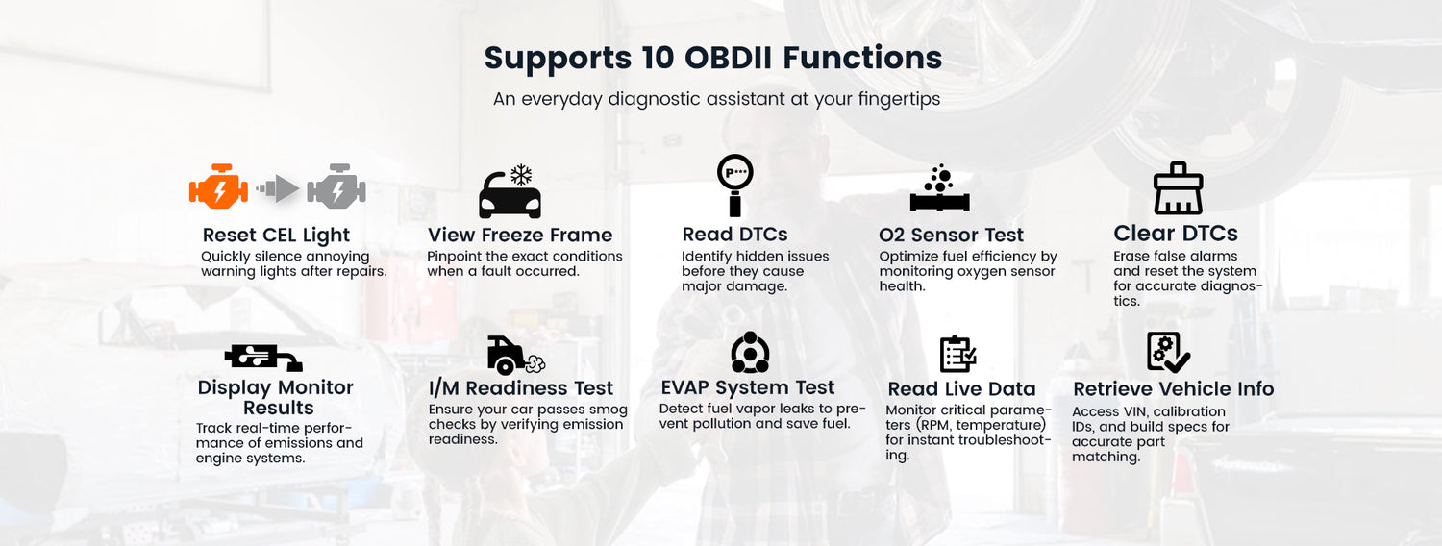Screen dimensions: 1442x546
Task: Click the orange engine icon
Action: pyautogui.click(x=218, y=186)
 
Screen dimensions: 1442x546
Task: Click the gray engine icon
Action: pyautogui.click(x=336, y=186)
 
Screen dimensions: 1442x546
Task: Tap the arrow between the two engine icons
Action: pyautogui.click(x=278, y=188)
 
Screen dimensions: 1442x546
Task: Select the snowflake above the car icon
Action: pyautogui.click(x=521, y=175)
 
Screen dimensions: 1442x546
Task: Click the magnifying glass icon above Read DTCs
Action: pyautogui.click(x=734, y=186)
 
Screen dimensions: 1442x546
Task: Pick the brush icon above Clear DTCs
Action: pyautogui.click(x=1178, y=188)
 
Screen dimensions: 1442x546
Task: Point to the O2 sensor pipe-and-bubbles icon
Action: pyautogui.click(x=940, y=187)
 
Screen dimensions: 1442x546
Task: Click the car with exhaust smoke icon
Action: pyautogui.click(x=516, y=355)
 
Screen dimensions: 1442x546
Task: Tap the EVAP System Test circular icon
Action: pyautogui.click(x=750, y=352)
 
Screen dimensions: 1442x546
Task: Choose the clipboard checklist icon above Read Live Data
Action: pyautogui.click(x=957, y=354)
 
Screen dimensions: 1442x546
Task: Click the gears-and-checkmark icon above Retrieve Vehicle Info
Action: pyautogui.click(x=1168, y=352)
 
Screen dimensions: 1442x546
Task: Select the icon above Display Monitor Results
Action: pyautogui.click(x=263, y=358)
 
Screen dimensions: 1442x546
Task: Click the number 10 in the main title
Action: pyautogui.click(x=658, y=58)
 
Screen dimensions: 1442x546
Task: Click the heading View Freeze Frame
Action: pyautogui.click(x=520, y=235)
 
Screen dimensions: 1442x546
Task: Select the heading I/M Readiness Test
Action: pyautogui.click(x=521, y=388)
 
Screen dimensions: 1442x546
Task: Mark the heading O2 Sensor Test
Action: pyautogui.click(x=951, y=235)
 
